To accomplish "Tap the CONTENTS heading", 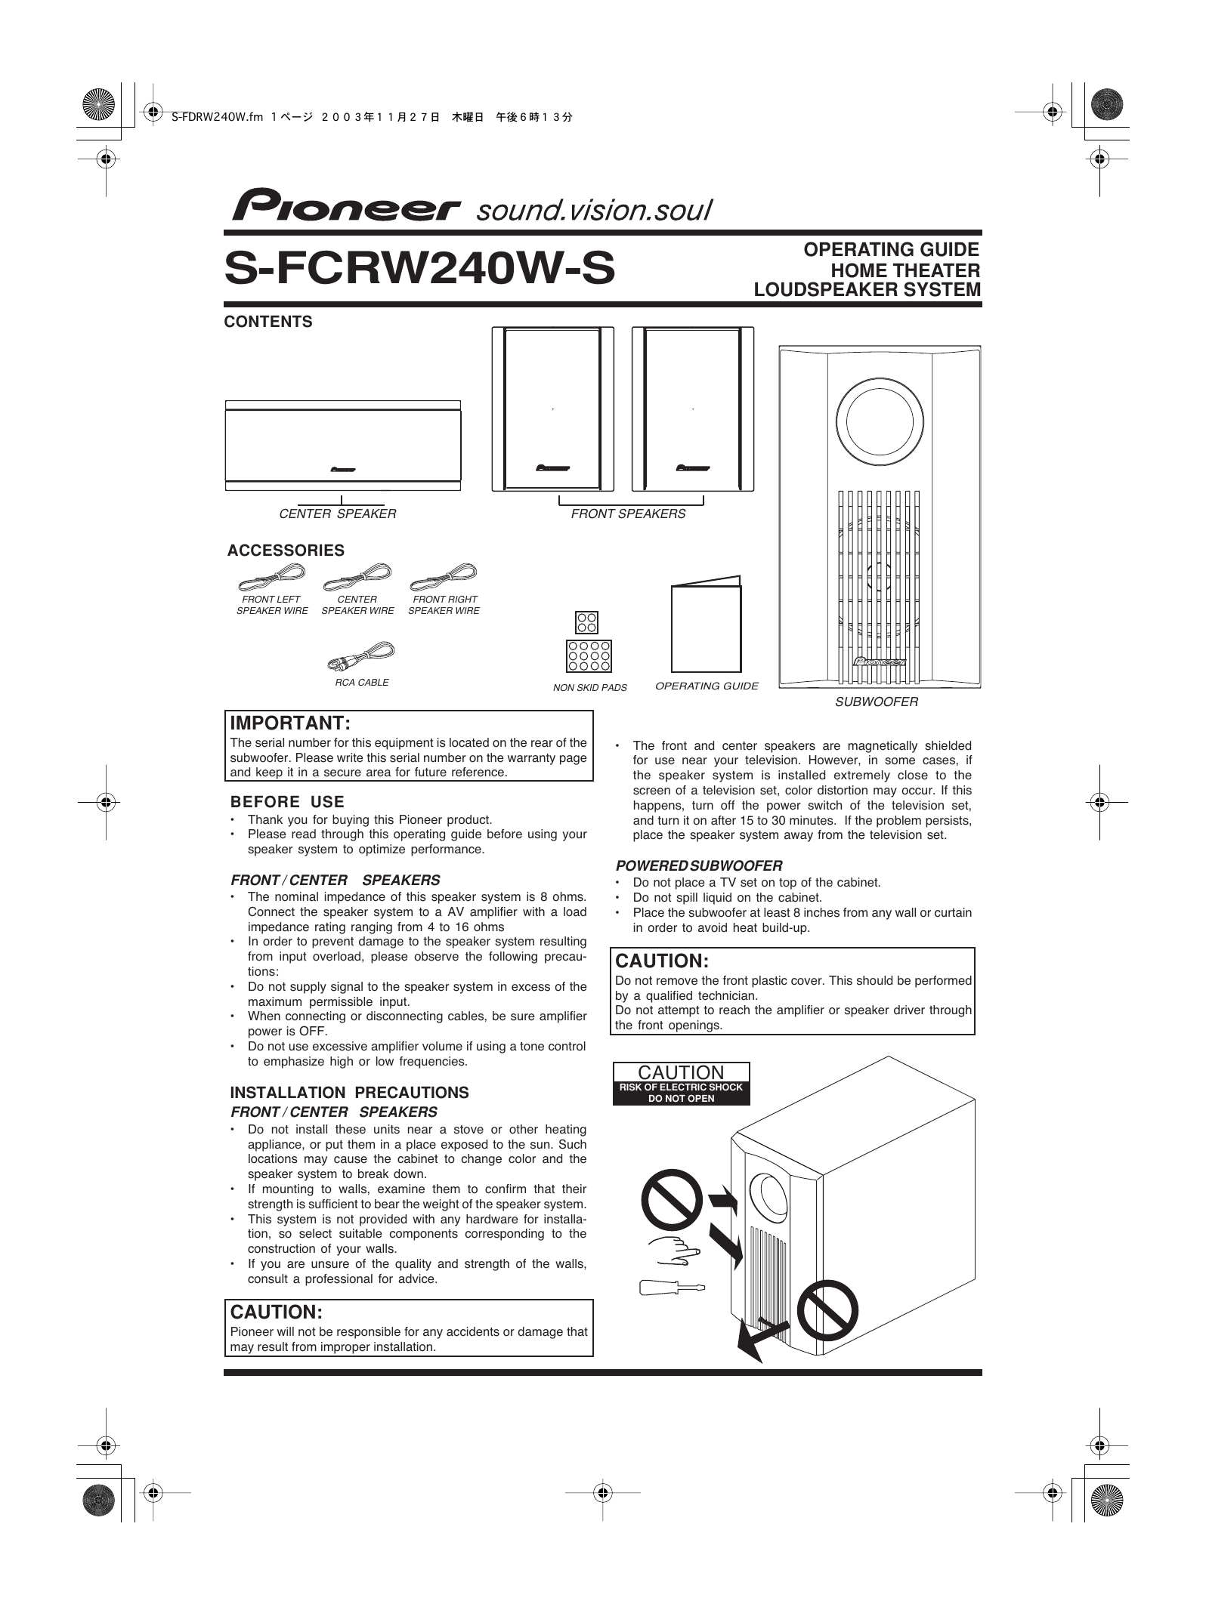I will tap(268, 322).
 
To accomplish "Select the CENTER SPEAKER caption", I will tap(338, 514).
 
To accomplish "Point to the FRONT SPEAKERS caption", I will tap(628, 514).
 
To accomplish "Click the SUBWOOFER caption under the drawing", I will tap(876, 702).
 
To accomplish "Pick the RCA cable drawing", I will tap(361, 655).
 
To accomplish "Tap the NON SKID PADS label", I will tap(589, 688).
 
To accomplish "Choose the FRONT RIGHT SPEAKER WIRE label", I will tap(444, 605).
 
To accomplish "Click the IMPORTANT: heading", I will tap(290, 723).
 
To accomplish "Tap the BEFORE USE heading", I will tap(287, 802).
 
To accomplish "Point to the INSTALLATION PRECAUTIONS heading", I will tap(349, 1093).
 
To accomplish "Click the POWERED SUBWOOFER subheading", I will tap(699, 865).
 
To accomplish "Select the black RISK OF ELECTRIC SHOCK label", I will tap(681, 1093).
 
